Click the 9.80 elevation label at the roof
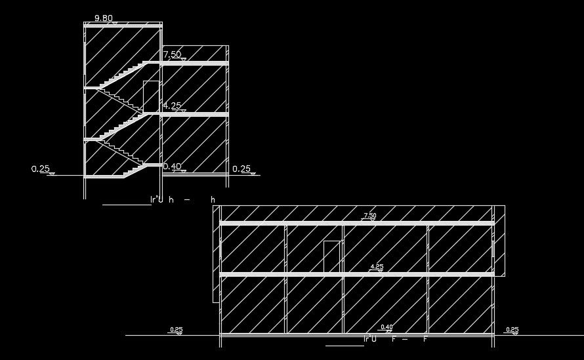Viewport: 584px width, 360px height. [102, 18]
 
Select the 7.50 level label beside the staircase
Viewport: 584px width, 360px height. [172, 54]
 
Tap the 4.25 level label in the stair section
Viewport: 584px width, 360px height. [172, 105]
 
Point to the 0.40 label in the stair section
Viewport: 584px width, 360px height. [172, 167]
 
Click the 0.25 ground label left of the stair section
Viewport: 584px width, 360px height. [41, 169]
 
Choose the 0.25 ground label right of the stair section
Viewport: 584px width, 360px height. [241, 169]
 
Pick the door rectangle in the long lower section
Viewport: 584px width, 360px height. [332, 256]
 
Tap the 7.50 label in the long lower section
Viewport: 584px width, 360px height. [370, 215]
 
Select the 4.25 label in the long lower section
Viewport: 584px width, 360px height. [377, 266]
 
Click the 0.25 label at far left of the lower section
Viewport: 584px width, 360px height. [176, 329]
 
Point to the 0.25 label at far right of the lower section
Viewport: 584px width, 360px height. [512, 329]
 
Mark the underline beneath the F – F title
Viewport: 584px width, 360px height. [344, 345]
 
